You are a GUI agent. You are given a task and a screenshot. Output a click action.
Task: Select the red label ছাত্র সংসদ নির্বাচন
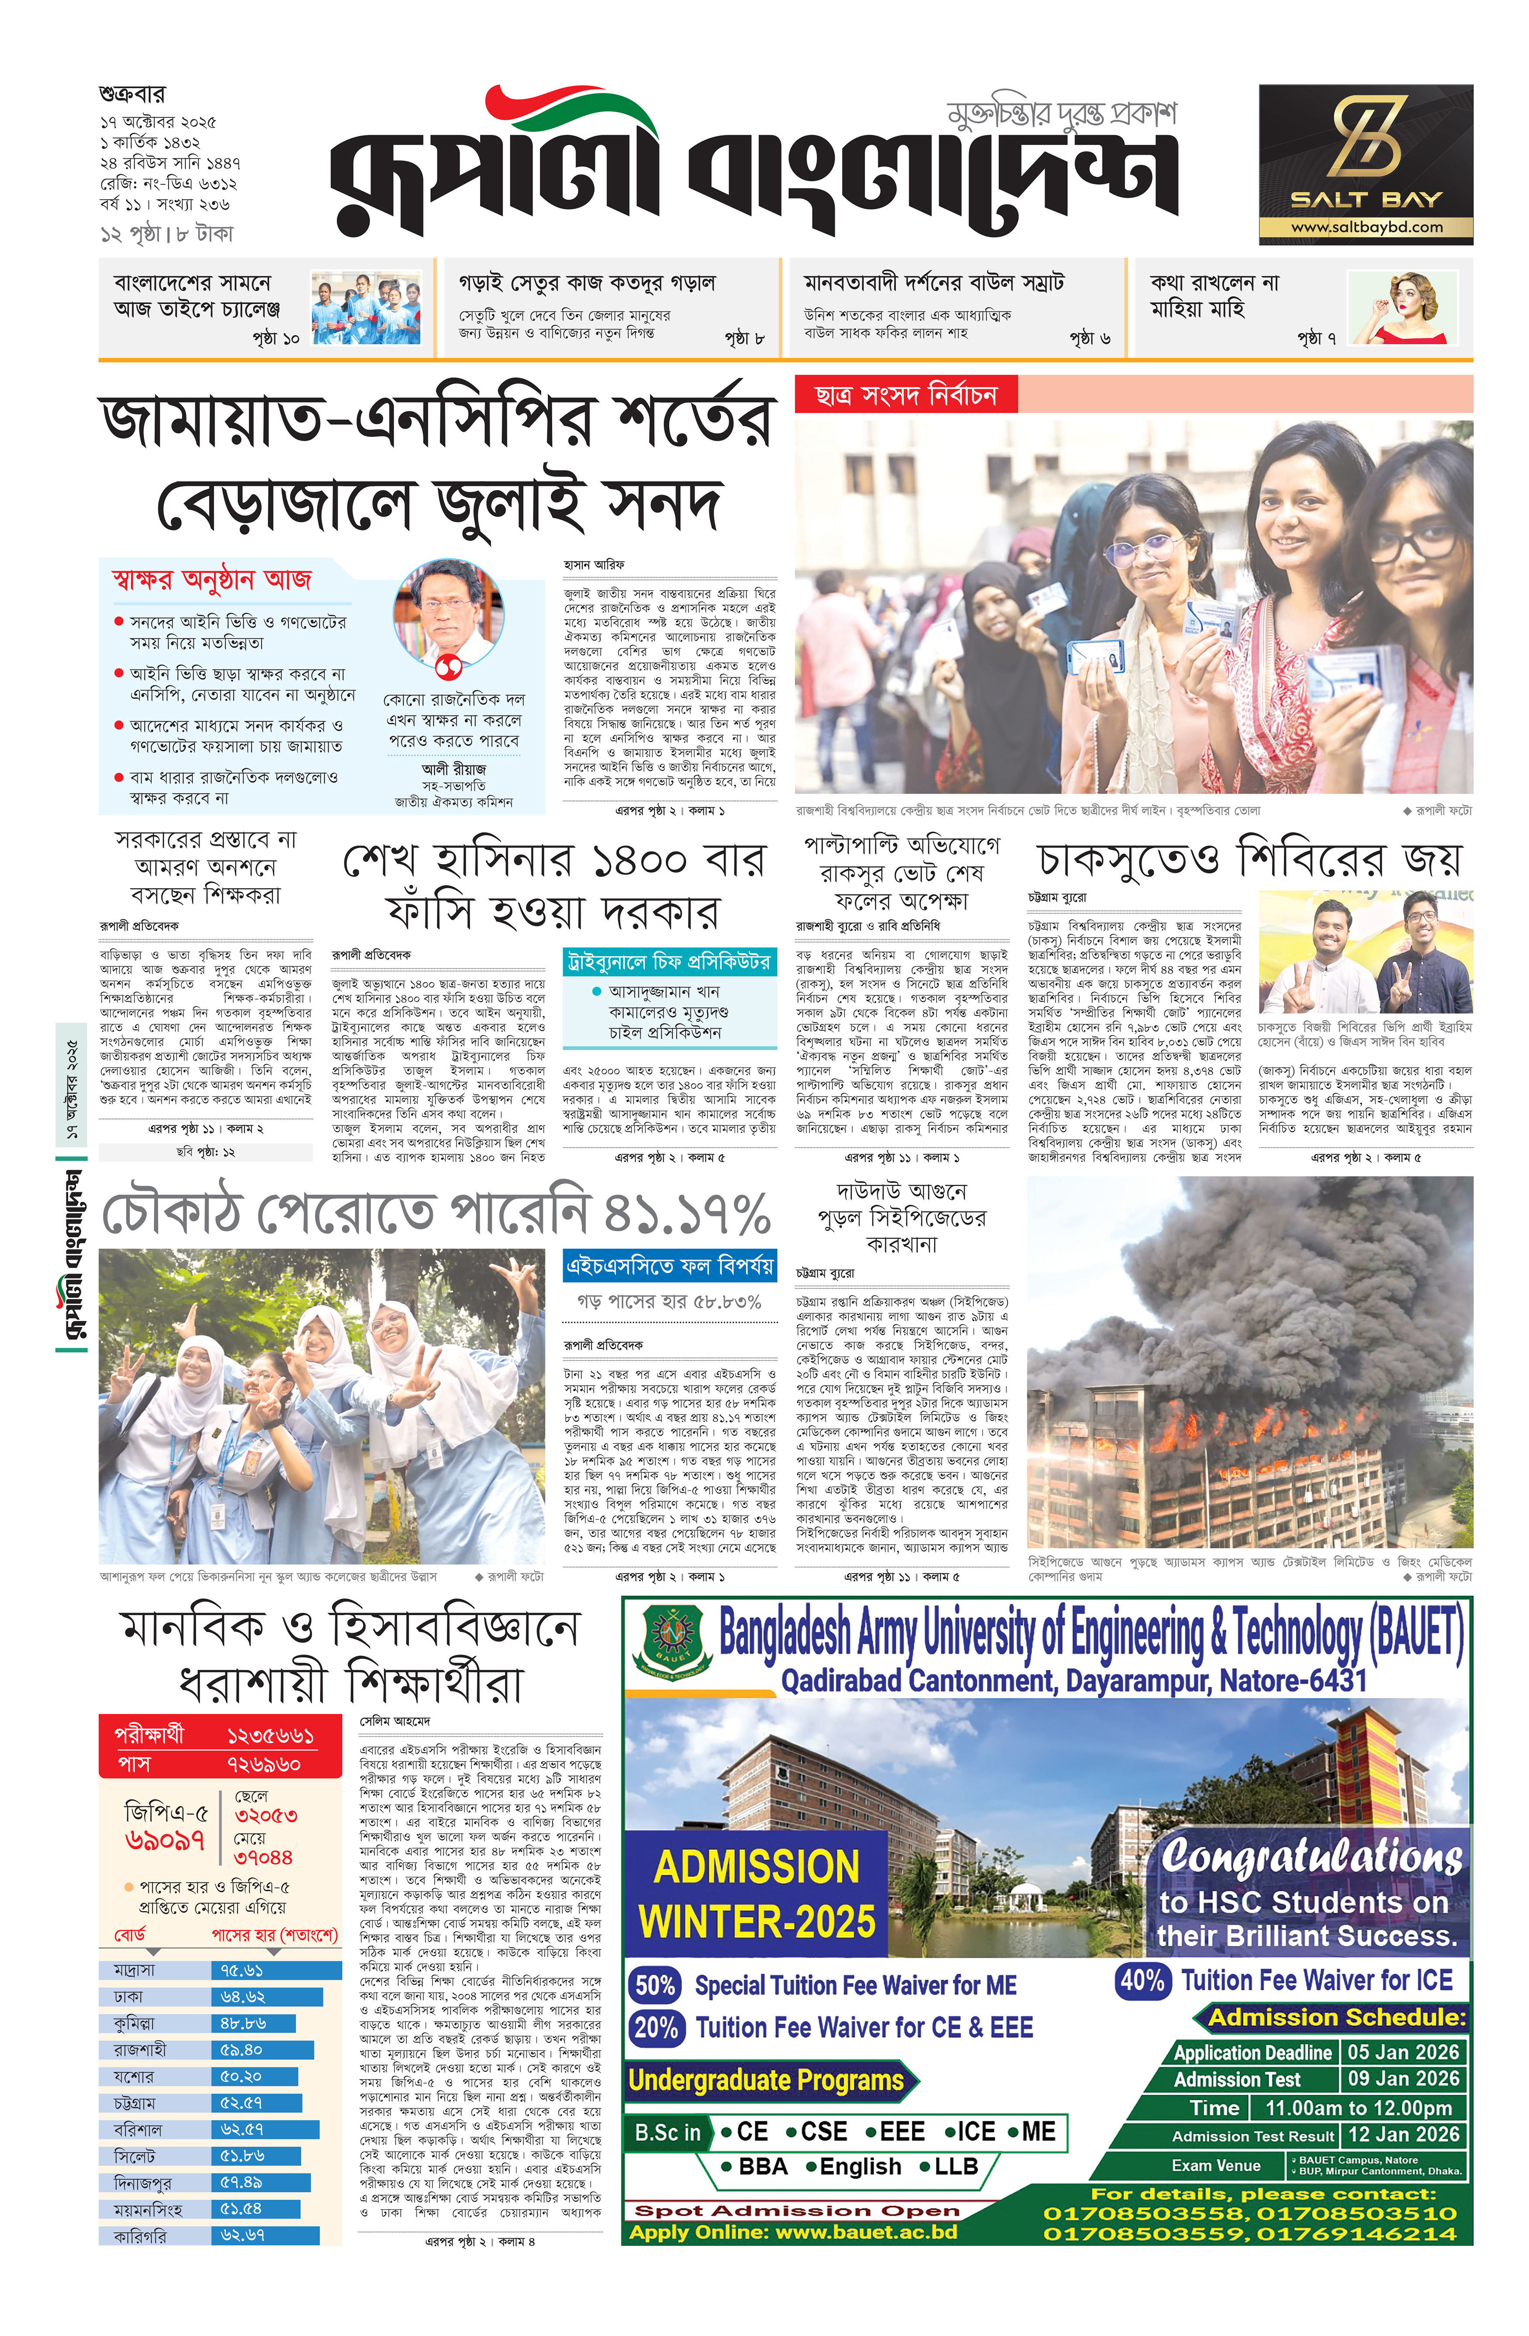point(905,395)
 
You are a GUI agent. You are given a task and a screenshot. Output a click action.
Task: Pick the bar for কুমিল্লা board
point(253,2023)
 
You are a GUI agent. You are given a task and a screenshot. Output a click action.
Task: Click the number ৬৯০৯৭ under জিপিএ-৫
point(165,1840)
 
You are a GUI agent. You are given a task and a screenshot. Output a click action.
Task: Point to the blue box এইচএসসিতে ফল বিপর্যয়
point(669,1266)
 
